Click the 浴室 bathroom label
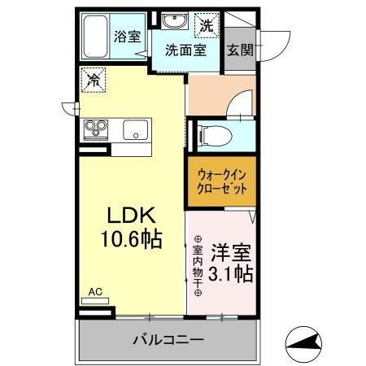point(126,37)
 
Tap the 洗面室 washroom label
point(185,50)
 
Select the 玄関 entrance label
point(240,50)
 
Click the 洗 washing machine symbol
point(208,26)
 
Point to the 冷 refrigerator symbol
point(94,81)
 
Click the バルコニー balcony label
point(170,341)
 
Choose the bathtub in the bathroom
point(96,38)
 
